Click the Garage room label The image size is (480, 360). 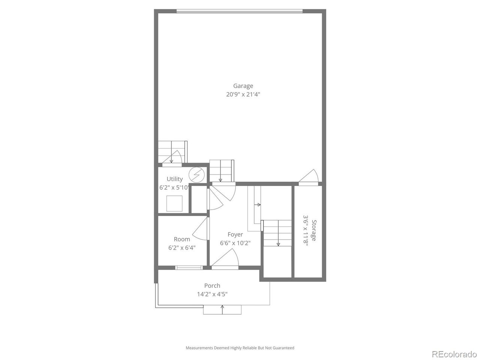pyautogui.click(x=243, y=86)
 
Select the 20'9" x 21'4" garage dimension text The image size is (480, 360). pyautogui.click(x=243, y=94)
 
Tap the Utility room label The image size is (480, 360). pyautogui.click(x=175, y=179)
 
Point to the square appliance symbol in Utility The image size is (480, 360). pyautogui.click(x=174, y=204)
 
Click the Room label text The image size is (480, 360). pyautogui.click(x=182, y=239)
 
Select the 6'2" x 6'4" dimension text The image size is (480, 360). pyautogui.click(x=182, y=247)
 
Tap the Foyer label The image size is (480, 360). pyautogui.click(x=235, y=235)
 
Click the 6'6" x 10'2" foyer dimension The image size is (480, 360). pyautogui.click(x=235, y=243)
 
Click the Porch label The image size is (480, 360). pyautogui.click(x=212, y=286)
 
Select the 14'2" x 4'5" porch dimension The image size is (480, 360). pyautogui.click(x=212, y=294)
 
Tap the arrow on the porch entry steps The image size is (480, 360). pyautogui.click(x=222, y=309)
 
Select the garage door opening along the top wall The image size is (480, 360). pyautogui.click(x=239, y=11)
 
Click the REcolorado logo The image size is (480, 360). pyautogui.click(x=454, y=354)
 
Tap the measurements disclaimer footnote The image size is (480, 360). pyautogui.click(x=240, y=348)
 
